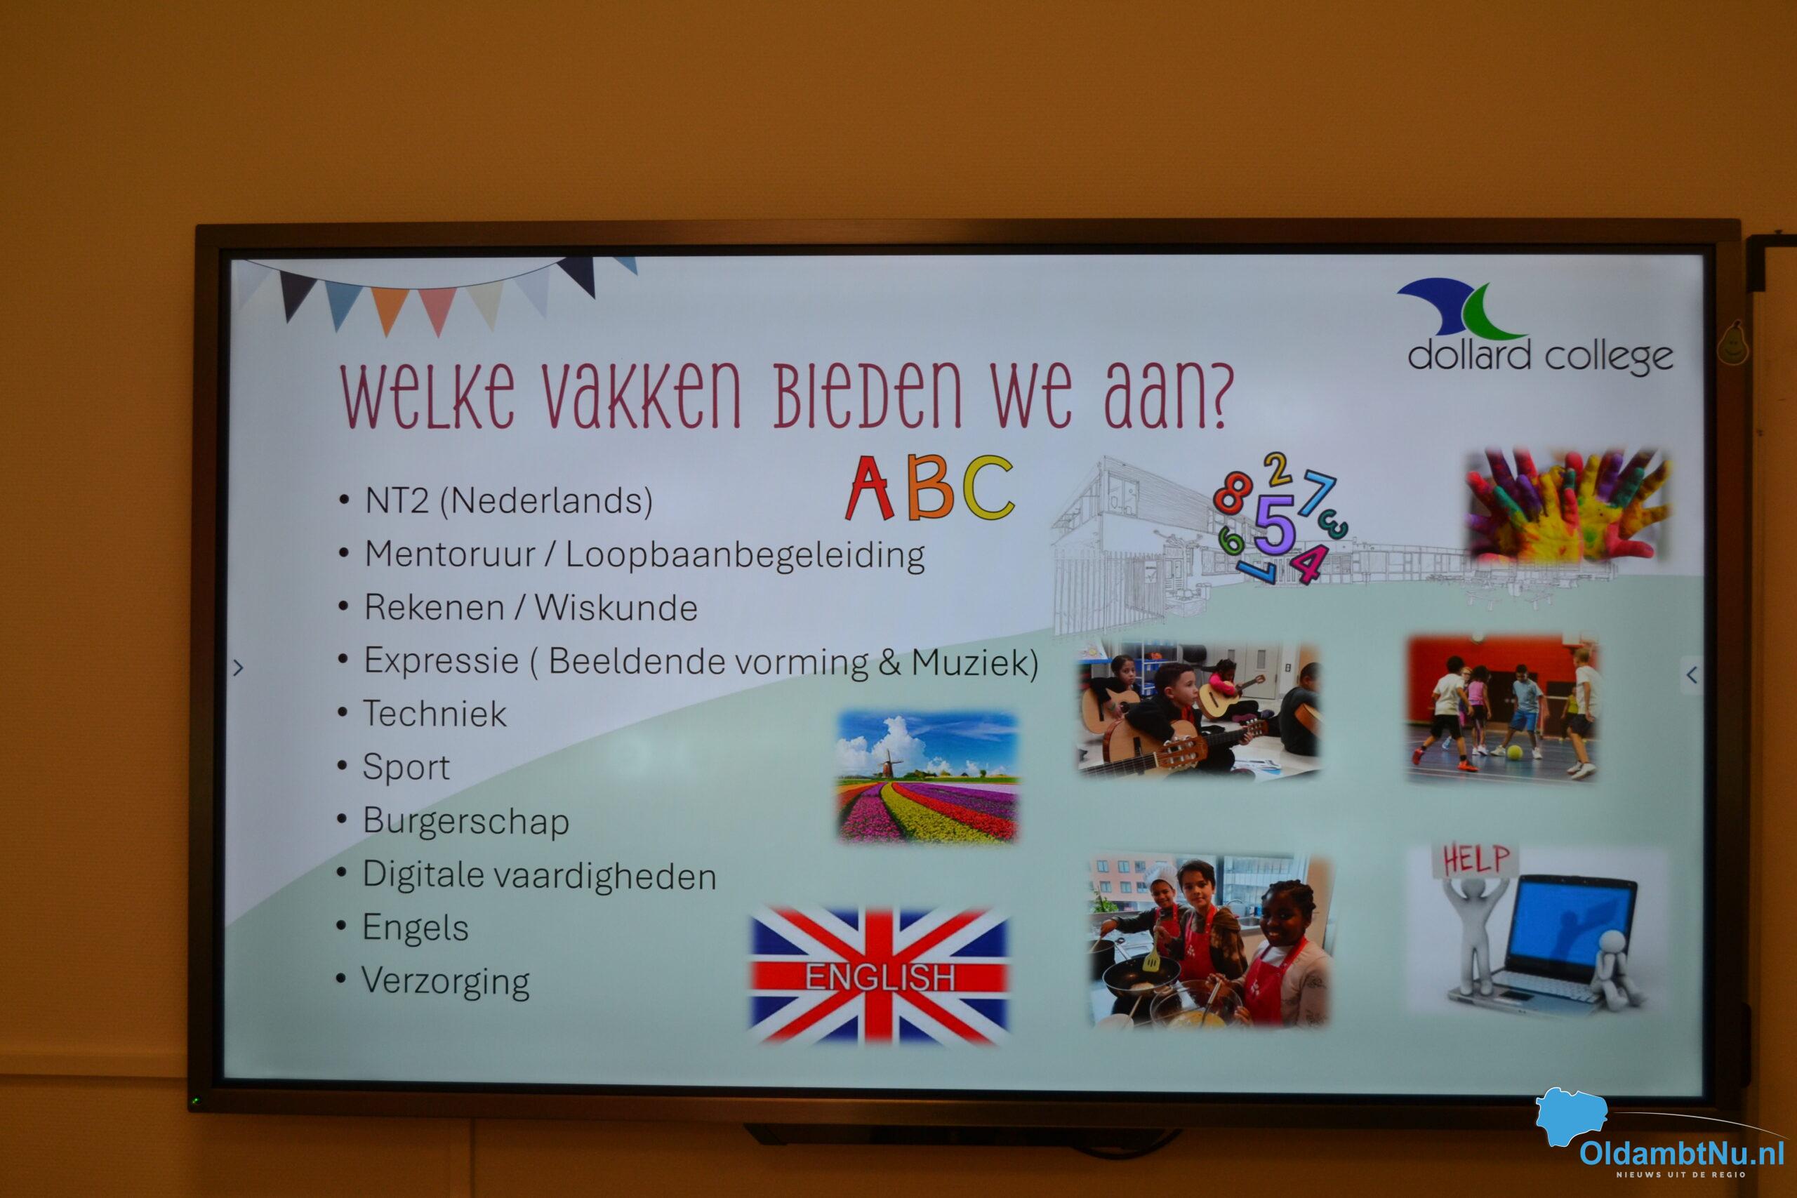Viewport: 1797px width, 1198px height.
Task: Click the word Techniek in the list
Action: point(434,714)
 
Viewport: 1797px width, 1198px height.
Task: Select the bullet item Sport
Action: point(406,767)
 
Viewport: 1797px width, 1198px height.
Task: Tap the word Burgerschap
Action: point(465,821)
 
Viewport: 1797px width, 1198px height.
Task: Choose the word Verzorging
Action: point(446,982)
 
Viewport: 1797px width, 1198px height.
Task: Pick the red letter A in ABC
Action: point(870,488)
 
